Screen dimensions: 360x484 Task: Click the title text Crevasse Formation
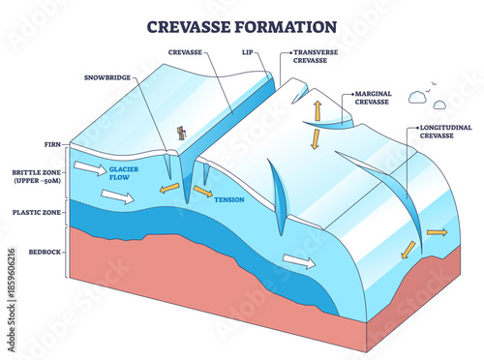click(x=241, y=25)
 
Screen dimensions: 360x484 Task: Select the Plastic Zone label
click(x=37, y=211)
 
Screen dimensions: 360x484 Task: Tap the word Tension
click(x=228, y=200)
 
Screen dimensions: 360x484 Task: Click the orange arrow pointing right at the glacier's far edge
click(x=437, y=232)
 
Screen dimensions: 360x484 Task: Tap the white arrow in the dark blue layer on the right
click(x=298, y=260)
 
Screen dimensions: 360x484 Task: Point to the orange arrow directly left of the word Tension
click(x=202, y=192)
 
